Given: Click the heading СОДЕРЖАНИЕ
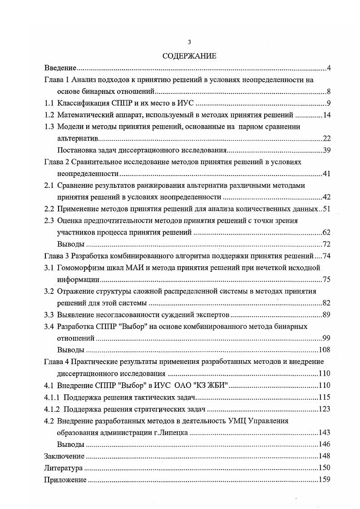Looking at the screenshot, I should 190,56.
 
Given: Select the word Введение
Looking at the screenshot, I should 59,68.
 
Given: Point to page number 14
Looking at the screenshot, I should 326,115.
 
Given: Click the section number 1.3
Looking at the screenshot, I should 49,127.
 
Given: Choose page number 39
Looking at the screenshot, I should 326,151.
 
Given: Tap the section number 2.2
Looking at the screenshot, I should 49,209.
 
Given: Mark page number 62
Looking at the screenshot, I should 326,233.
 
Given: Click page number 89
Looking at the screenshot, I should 326,314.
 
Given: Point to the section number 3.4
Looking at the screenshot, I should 49,326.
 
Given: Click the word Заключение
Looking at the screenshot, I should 64,456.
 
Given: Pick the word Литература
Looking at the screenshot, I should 63,468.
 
